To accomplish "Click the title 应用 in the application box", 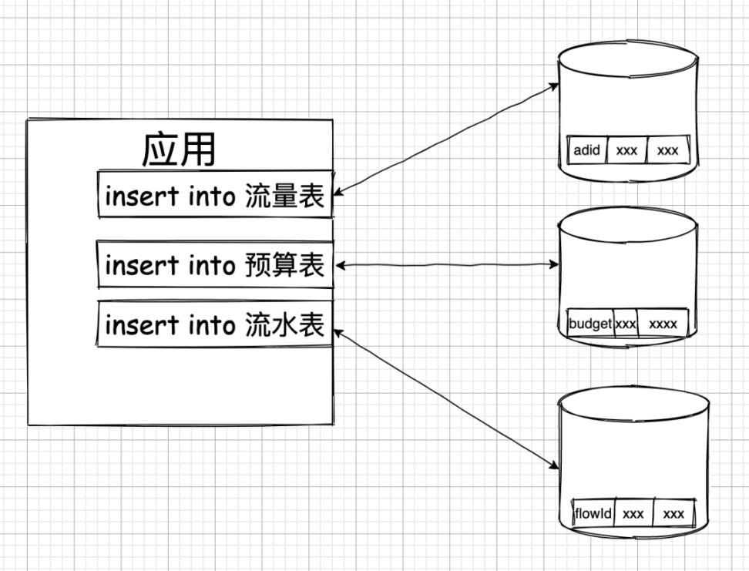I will (x=178, y=149).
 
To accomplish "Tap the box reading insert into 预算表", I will (x=215, y=264).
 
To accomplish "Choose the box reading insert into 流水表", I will (x=215, y=324).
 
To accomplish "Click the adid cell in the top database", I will (x=586, y=150).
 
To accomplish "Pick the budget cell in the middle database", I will (x=590, y=324).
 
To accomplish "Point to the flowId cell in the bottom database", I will (x=593, y=513).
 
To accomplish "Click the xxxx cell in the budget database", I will (x=663, y=324).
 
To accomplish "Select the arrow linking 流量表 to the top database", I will (x=447, y=139).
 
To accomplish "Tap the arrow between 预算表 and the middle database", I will (x=447, y=264).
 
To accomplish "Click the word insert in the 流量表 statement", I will (x=143, y=196).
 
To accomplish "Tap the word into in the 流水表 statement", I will (x=212, y=325).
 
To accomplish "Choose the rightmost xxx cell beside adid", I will (x=668, y=150).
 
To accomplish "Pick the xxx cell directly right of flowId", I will (x=633, y=513).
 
